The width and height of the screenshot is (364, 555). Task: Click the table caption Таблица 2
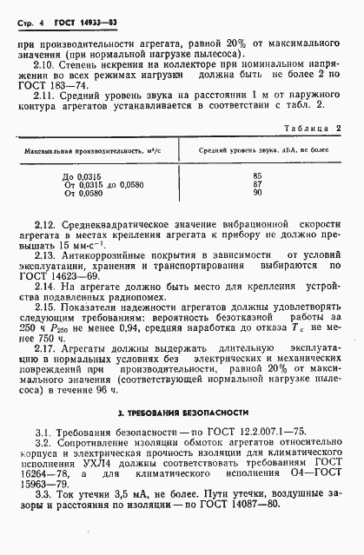click(307, 128)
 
